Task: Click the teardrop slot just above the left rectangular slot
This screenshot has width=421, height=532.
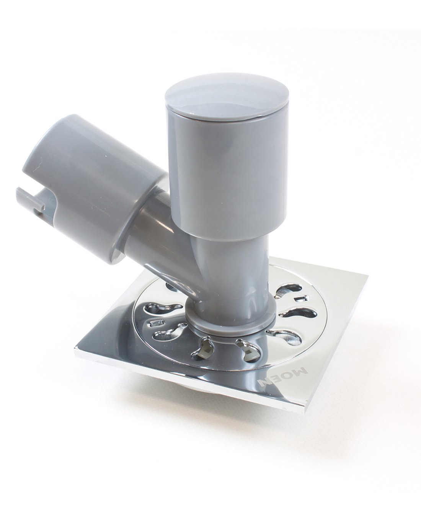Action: [163, 308]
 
